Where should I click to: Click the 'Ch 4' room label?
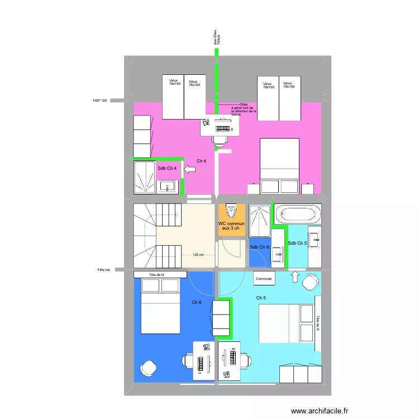(x=201, y=161)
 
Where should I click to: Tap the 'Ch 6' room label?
(x=197, y=302)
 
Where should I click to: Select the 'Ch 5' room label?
(x=261, y=298)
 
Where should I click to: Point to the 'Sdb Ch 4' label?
(x=167, y=168)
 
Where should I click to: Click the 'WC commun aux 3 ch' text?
(x=231, y=226)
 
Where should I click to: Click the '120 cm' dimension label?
(x=197, y=255)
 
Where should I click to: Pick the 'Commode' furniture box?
(x=264, y=278)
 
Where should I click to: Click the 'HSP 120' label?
(x=100, y=101)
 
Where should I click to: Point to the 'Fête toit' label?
(x=104, y=270)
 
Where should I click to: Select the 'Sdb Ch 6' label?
(x=259, y=247)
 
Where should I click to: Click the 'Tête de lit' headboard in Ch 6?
(x=160, y=275)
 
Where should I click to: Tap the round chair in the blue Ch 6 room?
(x=149, y=368)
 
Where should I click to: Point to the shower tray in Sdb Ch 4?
(x=144, y=178)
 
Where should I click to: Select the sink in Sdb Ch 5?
(x=315, y=240)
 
